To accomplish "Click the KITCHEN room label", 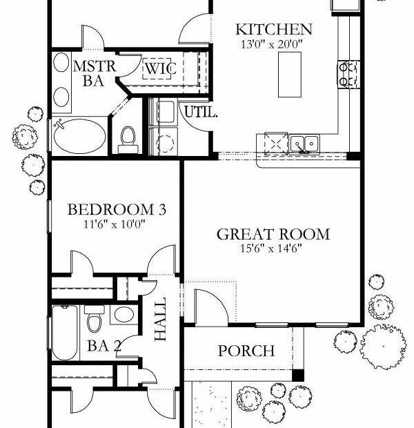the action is click(x=274, y=30).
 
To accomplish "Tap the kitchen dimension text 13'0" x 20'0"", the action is click(x=272, y=44).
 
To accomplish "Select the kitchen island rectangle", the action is click(x=290, y=75).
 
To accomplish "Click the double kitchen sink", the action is click(x=304, y=144).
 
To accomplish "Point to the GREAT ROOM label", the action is click(x=273, y=235).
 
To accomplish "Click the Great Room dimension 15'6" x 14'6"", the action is click(x=271, y=249).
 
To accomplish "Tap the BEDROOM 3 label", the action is click(x=117, y=210).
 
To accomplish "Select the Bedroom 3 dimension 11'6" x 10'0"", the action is click(x=114, y=224).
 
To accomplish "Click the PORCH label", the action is click(x=246, y=351).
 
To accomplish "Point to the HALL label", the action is click(x=161, y=319).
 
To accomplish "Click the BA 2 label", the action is click(x=104, y=346).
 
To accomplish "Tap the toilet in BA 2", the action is click(x=95, y=318).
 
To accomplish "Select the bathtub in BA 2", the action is click(x=65, y=333).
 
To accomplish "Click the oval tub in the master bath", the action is click(x=79, y=136).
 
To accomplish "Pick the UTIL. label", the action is click(x=201, y=112).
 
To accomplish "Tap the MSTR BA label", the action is click(x=94, y=74).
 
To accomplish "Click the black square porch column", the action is click(x=298, y=376).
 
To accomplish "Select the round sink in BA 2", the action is click(x=124, y=314).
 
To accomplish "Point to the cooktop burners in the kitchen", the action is click(x=348, y=75).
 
